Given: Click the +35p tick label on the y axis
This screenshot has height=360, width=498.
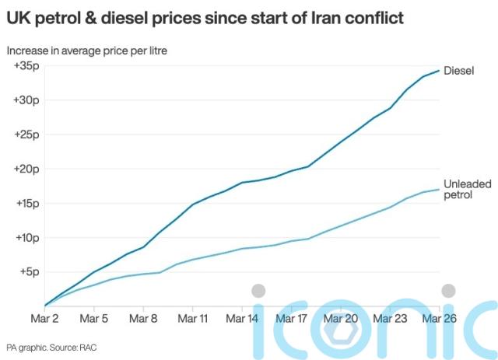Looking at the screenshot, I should pyautogui.click(x=26, y=66).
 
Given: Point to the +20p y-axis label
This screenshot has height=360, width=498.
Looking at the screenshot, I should pyautogui.click(x=26, y=169).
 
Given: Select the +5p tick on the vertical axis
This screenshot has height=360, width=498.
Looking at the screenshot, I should pyautogui.click(x=30, y=271).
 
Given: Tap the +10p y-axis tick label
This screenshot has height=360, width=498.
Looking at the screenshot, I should pyautogui.click(x=26, y=237).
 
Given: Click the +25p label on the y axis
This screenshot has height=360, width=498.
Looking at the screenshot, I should pyautogui.click(x=26, y=135).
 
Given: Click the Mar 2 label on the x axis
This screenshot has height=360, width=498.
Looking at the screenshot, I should pyautogui.click(x=45, y=318).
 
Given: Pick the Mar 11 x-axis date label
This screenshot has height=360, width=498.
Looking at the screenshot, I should pyautogui.click(x=192, y=318).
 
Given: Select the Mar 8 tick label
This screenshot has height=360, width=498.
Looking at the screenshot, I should pyautogui.click(x=143, y=318).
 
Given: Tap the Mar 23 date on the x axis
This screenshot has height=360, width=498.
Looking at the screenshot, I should pyautogui.click(x=388, y=318).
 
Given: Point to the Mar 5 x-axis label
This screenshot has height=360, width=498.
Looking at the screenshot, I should pyautogui.click(x=94, y=318).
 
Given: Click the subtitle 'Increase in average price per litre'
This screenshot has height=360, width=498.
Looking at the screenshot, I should pyautogui.click(x=86, y=51).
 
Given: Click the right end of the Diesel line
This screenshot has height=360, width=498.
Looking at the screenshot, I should pyautogui.click(x=440, y=71).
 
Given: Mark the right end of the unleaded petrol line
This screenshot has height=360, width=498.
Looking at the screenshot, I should pyautogui.click(x=440, y=189).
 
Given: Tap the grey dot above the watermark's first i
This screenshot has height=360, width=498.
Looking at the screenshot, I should pyautogui.click(x=258, y=291).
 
